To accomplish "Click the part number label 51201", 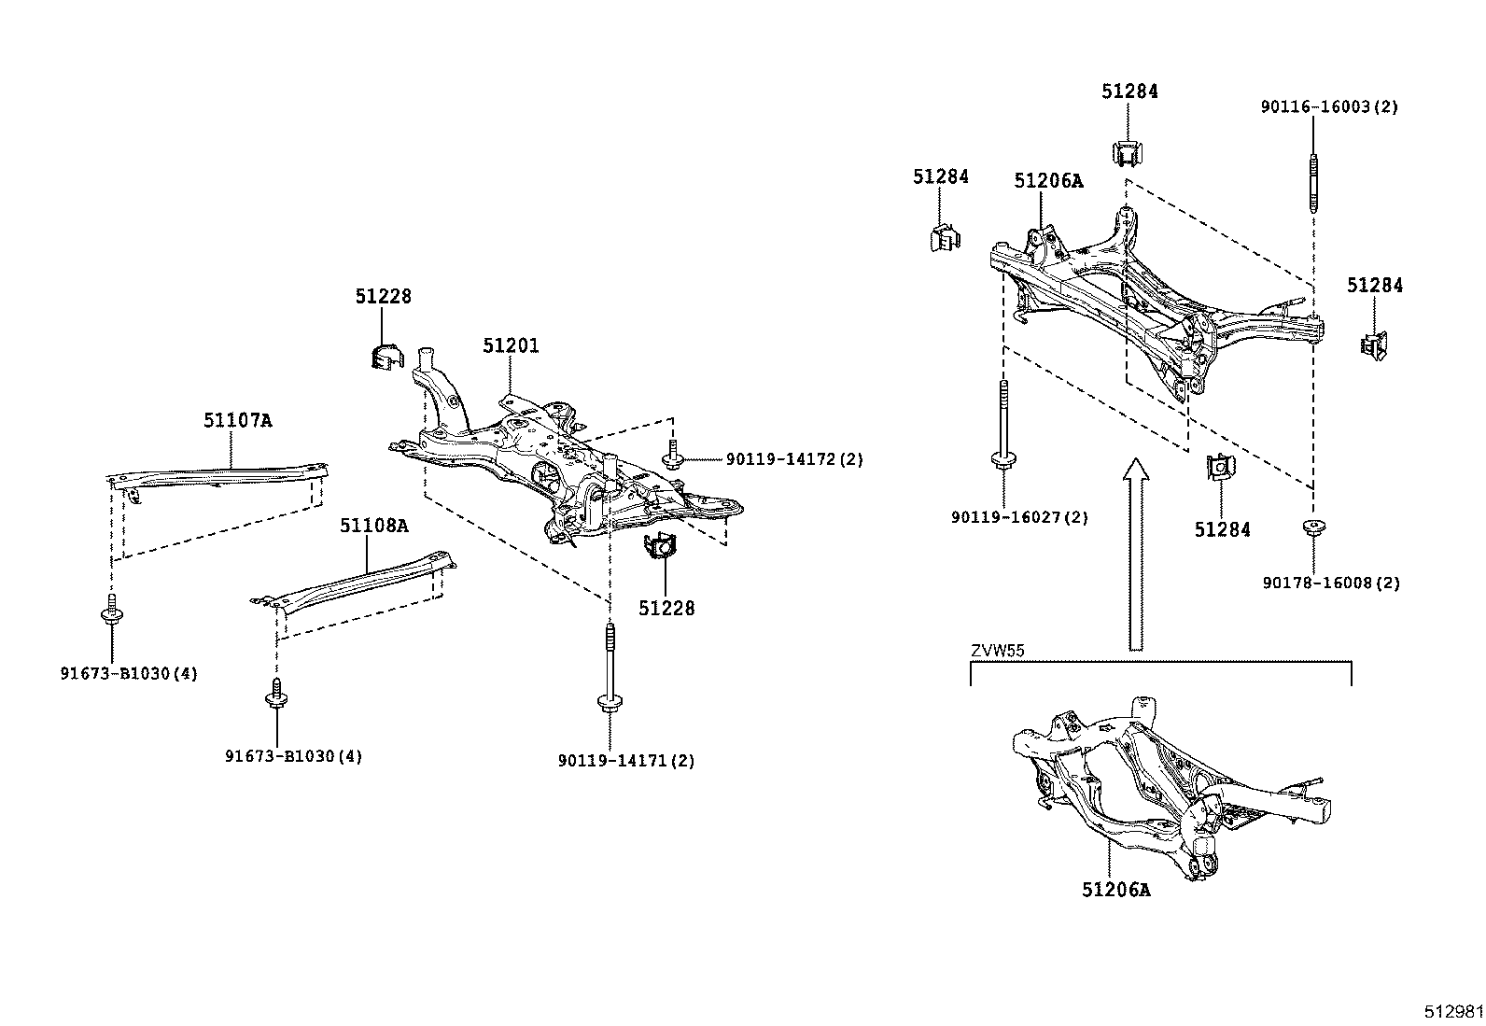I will pos(511,345).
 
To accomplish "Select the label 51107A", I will pos(238,420).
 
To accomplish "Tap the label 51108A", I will pos(373,526).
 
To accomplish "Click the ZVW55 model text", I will pos(996,651).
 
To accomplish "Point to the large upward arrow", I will pos(1135,551).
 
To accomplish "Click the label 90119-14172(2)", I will pos(794,459).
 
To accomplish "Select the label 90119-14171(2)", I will pos(626,761).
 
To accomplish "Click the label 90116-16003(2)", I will pos(1329,106).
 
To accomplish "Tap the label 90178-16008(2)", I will pos(1331,583).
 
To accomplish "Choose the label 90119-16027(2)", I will pos(1019,517).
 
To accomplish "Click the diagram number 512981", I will pos(1452,1012).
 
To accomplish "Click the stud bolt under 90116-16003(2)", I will pos(1314,183).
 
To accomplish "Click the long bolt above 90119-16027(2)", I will pos(1003,425).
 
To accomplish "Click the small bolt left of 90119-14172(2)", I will pos(673,456).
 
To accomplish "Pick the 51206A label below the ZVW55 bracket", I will pos(1116,890).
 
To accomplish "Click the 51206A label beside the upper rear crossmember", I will pos(1048,181).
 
